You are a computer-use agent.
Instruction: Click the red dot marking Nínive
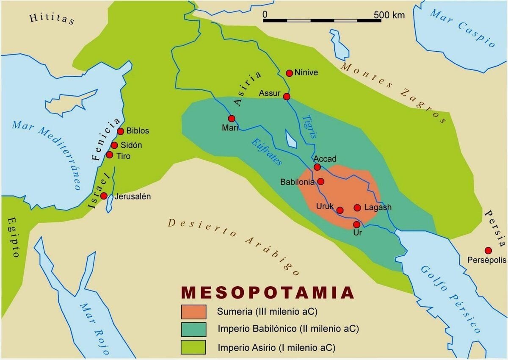(290, 73)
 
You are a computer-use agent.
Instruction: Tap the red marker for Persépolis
(488, 250)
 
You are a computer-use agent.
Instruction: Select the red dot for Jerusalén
(104, 196)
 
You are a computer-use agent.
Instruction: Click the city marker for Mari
(232, 119)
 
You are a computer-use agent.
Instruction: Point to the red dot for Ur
(356, 224)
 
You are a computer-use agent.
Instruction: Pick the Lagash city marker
(357, 208)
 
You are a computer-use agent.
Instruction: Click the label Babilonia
(297, 182)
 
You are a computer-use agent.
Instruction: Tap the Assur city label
(270, 93)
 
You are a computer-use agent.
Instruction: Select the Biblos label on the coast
(138, 131)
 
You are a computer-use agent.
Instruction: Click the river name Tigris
(309, 127)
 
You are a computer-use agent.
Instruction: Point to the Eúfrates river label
(266, 151)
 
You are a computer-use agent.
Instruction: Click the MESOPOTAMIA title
(268, 293)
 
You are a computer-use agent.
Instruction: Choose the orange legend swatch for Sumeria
(193, 312)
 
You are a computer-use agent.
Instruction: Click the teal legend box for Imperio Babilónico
(193, 330)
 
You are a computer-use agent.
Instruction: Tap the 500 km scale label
(389, 15)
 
